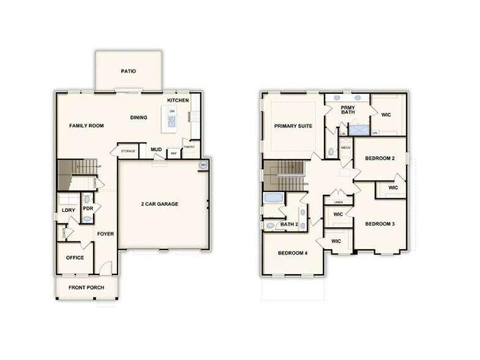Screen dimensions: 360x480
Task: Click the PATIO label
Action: [128, 71]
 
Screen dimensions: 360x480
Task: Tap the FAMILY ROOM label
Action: [86, 126]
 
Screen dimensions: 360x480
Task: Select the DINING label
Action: [138, 118]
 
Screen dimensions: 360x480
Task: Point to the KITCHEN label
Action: [178, 100]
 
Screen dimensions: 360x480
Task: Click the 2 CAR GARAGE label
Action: [160, 204]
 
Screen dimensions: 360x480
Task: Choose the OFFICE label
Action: [75, 258]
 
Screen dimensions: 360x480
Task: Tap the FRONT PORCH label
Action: [86, 287]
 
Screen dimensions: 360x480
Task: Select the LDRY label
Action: [68, 211]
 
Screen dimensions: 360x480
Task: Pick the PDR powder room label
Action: [88, 208]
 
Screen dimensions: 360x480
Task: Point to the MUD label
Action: [156, 149]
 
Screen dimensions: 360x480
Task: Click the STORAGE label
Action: [128, 151]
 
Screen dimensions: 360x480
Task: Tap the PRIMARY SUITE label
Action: [293, 126]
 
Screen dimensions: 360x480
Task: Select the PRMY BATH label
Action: [348, 109]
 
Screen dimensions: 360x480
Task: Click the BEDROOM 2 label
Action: [380, 159]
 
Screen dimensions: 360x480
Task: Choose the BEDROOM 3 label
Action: [380, 223]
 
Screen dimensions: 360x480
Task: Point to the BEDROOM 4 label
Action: [292, 253]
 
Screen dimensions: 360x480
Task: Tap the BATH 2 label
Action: [288, 225]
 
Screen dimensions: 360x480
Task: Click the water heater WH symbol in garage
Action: [203, 165]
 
